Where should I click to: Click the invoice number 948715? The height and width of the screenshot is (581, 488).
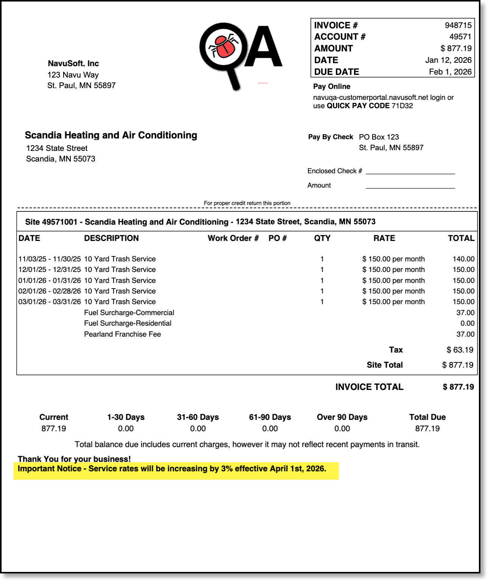click(x=458, y=25)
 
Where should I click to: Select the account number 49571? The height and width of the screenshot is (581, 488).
click(x=460, y=37)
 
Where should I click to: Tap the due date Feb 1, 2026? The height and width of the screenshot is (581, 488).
click(x=450, y=72)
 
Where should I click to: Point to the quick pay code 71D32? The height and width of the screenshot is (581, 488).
click(x=402, y=106)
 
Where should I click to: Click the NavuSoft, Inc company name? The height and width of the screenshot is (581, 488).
click(x=73, y=64)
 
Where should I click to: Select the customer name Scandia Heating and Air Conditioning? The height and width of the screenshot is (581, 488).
click(x=111, y=135)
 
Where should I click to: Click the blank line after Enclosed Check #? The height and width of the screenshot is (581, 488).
click(x=410, y=172)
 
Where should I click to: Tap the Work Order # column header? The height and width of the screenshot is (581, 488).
click(x=233, y=238)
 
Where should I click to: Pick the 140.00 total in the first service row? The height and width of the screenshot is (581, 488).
click(x=463, y=259)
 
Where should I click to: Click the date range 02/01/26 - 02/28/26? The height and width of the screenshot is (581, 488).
click(x=50, y=291)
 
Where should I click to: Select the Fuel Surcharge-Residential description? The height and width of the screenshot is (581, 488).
click(x=127, y=323)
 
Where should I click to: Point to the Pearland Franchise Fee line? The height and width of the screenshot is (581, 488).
click(x=122, y=334)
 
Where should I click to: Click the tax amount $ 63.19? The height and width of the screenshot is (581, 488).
click(x=460, y=350)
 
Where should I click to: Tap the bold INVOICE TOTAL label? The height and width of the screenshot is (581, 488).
click(x=369, y=387)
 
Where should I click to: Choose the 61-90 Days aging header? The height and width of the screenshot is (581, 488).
click(x=270, y=417)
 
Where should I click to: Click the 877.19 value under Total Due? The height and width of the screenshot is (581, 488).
click(x=427, y=429)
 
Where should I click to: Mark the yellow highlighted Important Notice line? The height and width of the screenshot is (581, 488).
click(x=172, y=469)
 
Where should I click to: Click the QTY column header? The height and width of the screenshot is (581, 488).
click(x=322, y=238)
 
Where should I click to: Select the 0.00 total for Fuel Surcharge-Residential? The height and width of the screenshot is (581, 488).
click(x=467, y=323)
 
